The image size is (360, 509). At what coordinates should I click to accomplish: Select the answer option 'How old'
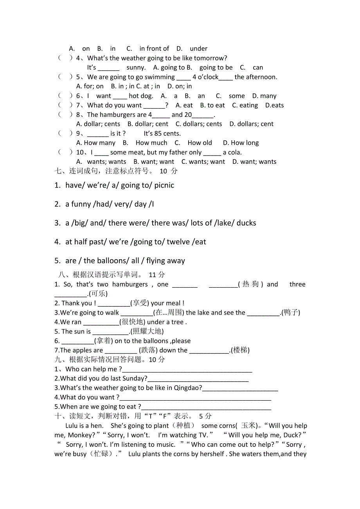200,143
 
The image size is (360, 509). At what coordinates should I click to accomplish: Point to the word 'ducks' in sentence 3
246,223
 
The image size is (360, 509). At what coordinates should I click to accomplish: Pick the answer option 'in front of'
154,49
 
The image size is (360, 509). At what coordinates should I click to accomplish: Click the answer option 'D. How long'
241,143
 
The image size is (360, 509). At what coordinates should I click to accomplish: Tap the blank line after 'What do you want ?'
195,398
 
